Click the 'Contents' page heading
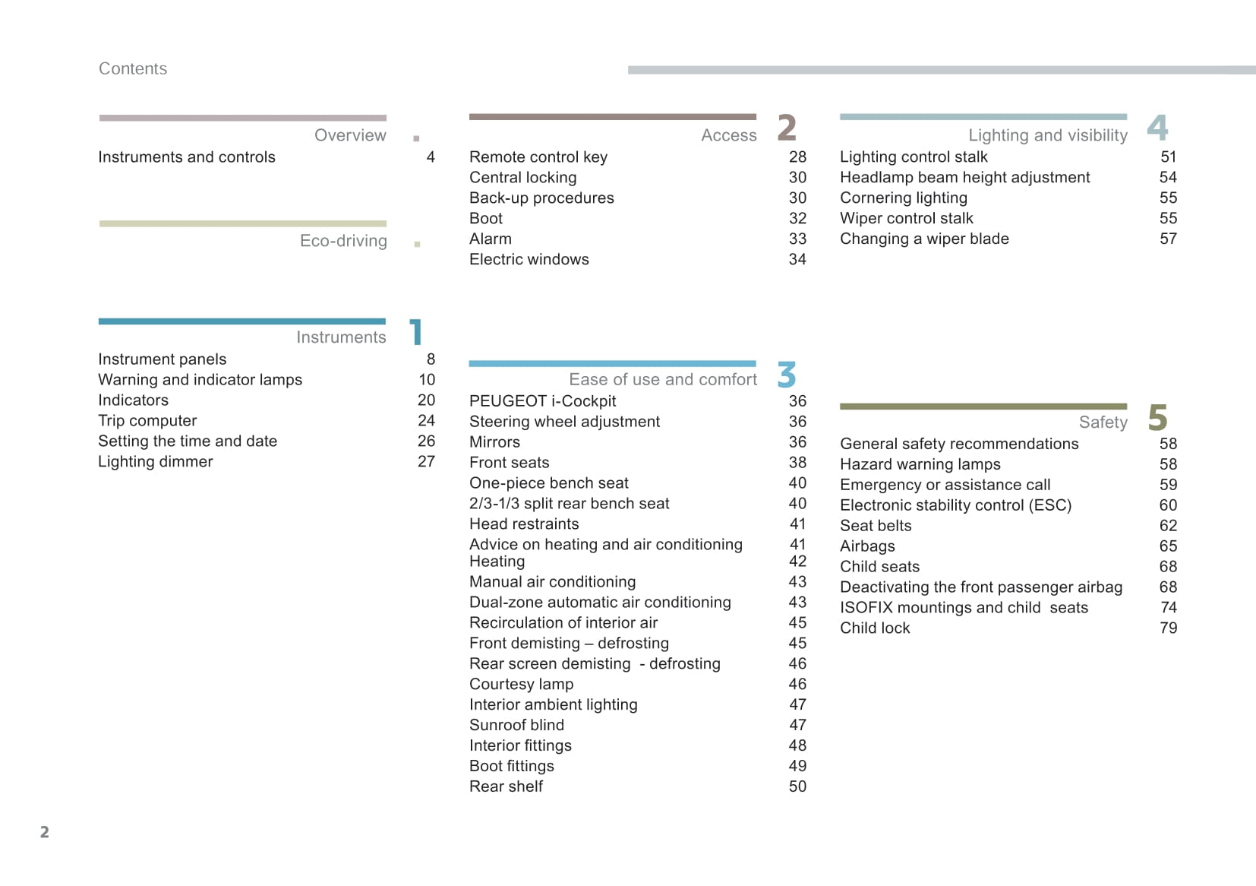coord(133,68)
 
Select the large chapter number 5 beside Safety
coord(1157,418)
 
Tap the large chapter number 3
coord(787,375)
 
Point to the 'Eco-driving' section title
coord(343,241)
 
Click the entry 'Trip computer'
coord(147,421)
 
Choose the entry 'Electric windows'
coord(529,260)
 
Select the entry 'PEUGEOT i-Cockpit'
coord(542,401)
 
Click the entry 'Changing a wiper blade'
coord(924,239)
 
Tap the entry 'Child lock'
coord(875,628)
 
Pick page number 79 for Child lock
coord(1168,628)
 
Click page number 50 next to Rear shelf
coord(797,787)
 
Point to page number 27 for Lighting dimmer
coord(426,462)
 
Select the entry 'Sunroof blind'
coord(516,726)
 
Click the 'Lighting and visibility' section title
coord(1047,135)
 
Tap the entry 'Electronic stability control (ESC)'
coord(955,505)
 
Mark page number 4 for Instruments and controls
coord(431,157)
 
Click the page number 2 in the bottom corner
coord(45,832)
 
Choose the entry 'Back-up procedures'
coord(541,198)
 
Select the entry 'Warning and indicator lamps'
coord(200,380)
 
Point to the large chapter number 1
coord(415,333)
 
